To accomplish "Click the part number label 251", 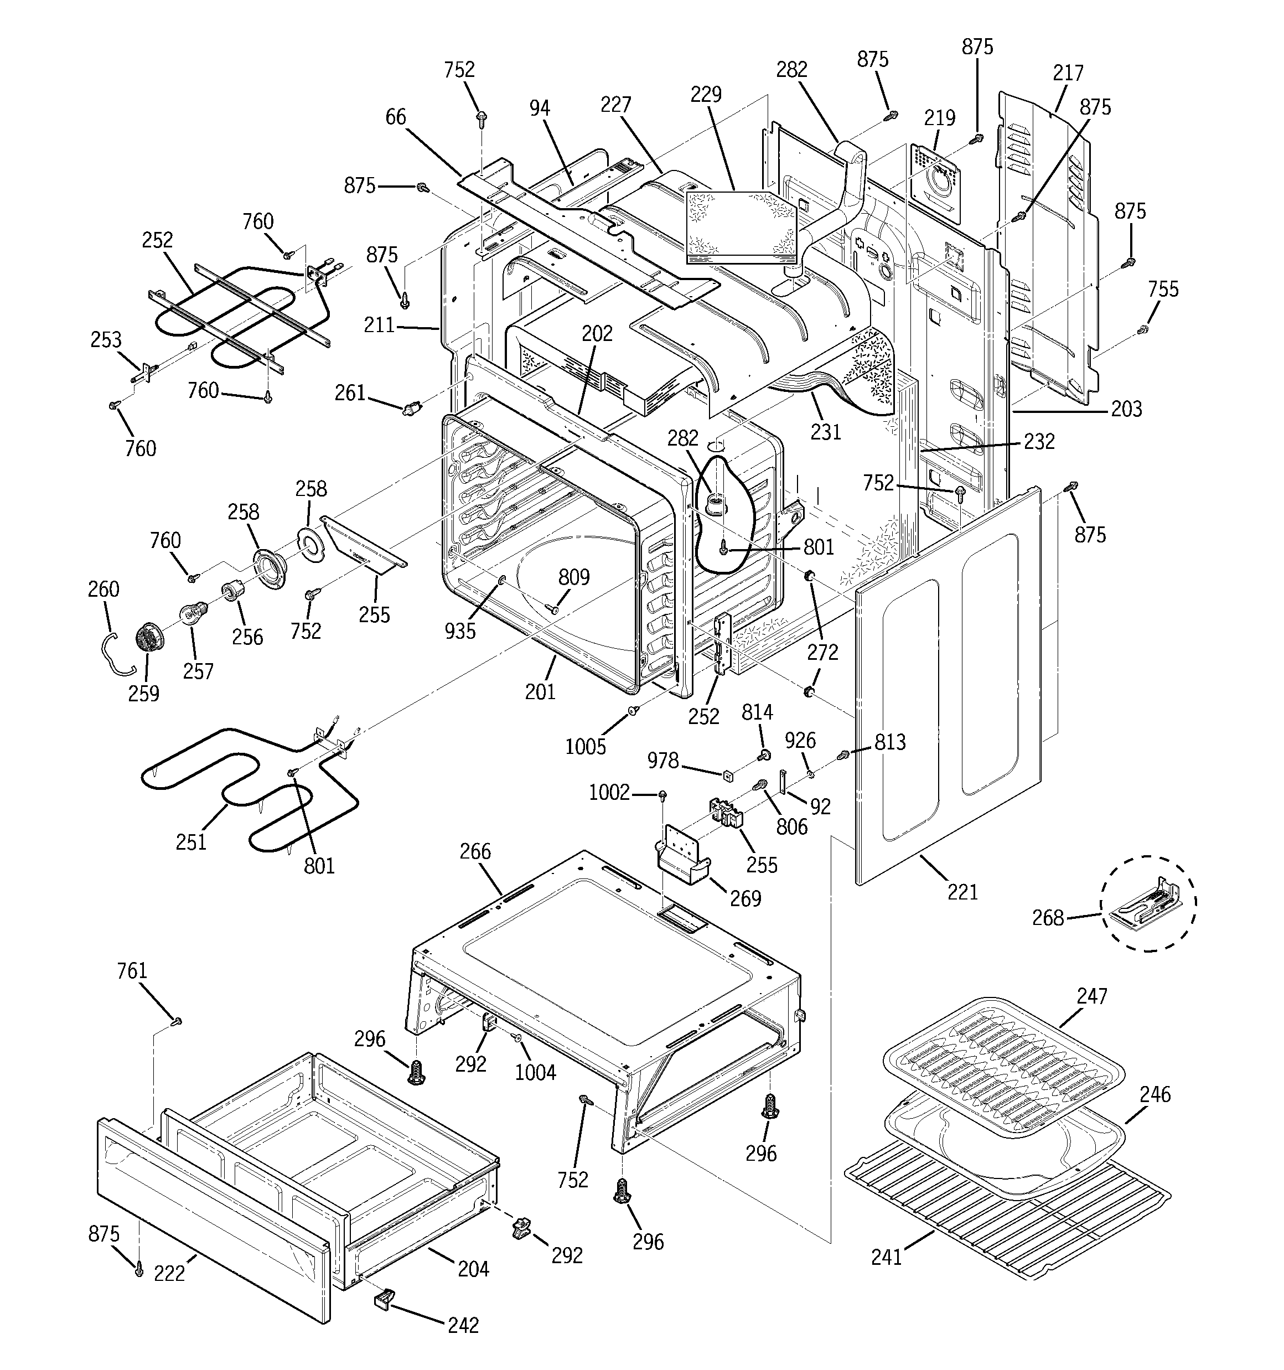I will pyautogui.click(x=191, y=842).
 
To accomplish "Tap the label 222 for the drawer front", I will pyautogui.click(x=169, y=1273).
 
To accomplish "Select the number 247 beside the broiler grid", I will pyautogui.click(x=1093, y=996).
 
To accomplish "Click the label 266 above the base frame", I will pyautogui.click(x=475, y=852).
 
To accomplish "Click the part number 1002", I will pyautogui.click(x=609, y=793).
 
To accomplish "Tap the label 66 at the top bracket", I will pyautogui.click(x=396, y=117).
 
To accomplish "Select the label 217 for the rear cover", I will pyautogui.click(x=1068, y=73).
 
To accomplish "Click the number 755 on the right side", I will pyautogui.click(x=1163, y=289).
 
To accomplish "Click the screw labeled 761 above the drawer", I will pyautogui.click(x=177, y=1021).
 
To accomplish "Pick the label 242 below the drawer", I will pyautogui.click(x=463, y=1325).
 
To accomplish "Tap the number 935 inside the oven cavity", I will pyautogui.click(x=460, y=630).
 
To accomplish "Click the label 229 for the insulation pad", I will pyautogui.click(x=706, y=95).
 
